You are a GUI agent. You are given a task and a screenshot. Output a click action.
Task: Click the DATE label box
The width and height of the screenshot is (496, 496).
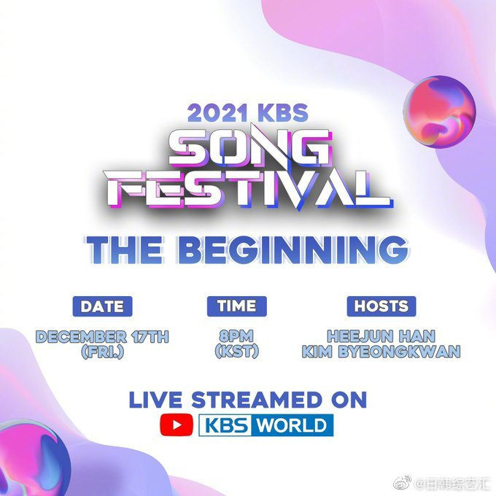pyautogui.click(x=102, y=306)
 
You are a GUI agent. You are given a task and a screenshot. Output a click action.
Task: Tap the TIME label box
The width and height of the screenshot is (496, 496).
pyautogui.click(x=236, y=306)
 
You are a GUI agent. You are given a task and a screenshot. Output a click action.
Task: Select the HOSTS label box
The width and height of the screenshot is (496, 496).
pyautogui.click(x=380, y=306)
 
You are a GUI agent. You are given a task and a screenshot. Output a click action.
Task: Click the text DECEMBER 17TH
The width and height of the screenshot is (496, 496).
pyautogui.click(x=102, y=337)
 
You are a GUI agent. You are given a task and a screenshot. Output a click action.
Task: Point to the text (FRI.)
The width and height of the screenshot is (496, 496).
pyautogui.click(x=102, y=352)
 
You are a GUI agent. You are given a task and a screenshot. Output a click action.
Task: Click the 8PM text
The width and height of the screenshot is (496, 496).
pyautogui.click(x=236, y=337)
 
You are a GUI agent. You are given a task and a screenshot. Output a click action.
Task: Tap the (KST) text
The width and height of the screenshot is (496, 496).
pyautogui.click(x=236, y=352)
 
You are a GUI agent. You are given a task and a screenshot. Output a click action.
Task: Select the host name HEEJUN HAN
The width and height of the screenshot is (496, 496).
pyautogui.click(x=381, y=337)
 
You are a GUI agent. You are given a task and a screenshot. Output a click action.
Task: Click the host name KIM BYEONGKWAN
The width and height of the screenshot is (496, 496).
pyautogui.click(x=381, y=352)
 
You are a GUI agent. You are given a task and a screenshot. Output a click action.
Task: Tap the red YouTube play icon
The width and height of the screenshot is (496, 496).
pyautogui.click(x=177, y=425)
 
